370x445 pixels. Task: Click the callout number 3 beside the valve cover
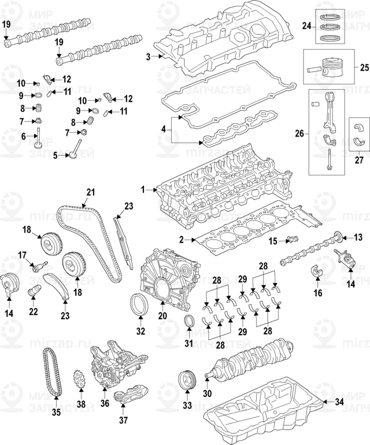tap(148, 56)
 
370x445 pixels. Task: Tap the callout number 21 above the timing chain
tap(90, 192)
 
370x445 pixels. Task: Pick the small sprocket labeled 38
tap(80, 382)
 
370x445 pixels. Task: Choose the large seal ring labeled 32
tap(140, 304)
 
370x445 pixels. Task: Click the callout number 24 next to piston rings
tap(306, 25)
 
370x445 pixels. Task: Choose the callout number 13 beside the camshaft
tap(358, 237)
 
